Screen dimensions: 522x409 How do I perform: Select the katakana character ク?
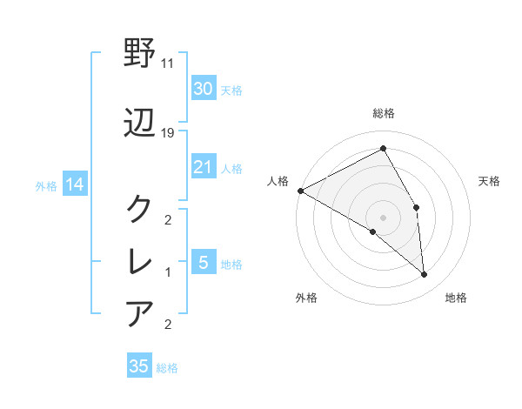click(140, 209)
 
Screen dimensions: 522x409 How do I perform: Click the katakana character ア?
click(140, 312)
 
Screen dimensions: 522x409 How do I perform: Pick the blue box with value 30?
click(203, 89)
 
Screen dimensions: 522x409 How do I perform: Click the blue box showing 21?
click(203, 167)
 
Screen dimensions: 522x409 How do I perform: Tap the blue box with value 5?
click(203, 263)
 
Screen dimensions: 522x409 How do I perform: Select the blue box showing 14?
click(74, 184)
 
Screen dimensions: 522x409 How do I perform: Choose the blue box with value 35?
click(139, 366)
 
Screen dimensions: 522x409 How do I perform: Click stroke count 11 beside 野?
click(168, 64)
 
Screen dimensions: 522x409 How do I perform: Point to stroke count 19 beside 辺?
click(168, 133)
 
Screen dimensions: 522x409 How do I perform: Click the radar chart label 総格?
click(383, 113)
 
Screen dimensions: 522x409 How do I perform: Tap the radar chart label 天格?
click(490, 181)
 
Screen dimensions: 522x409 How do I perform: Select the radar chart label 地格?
click(456, 298)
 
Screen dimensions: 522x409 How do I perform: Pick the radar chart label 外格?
click(306, 298)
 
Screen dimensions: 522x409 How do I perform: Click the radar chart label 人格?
click(278, 181)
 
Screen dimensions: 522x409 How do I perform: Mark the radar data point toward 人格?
click(300, 191)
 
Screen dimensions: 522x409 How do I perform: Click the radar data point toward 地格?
click(424, 274)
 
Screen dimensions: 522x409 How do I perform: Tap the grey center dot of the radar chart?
click(383, 217)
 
